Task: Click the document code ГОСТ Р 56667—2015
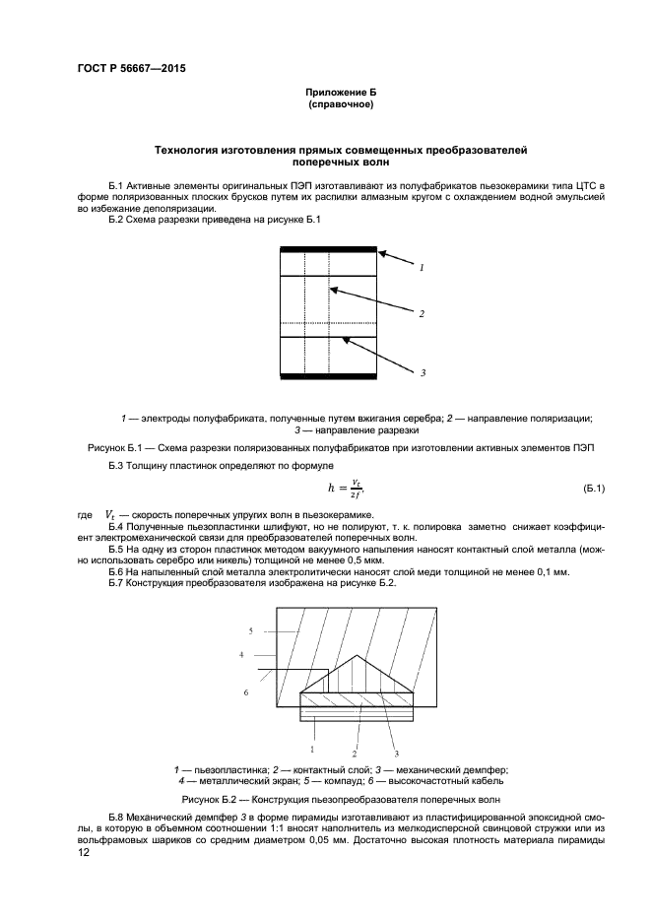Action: coord(130,69)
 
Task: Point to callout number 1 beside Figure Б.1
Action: coord(422,267)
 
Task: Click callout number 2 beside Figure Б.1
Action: coord(422,314)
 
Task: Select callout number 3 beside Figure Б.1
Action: coord(422,372)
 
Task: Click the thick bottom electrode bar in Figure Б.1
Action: coord(328,375)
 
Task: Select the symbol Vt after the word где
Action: coord(110,514)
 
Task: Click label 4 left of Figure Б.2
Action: coord(240,653)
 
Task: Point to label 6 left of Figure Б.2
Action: coord(245,692)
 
